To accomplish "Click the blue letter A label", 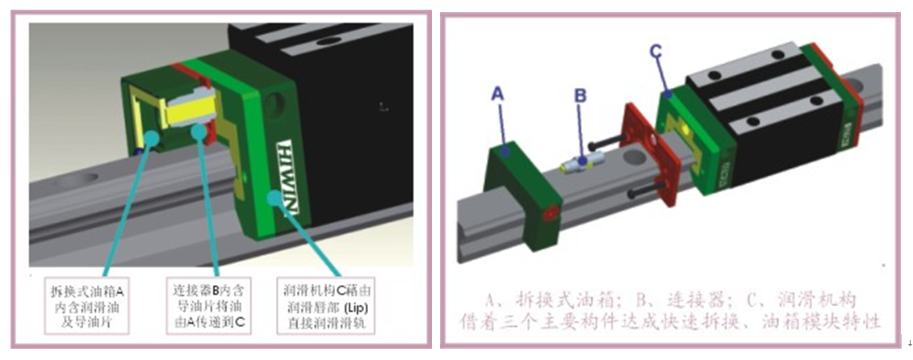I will pyautogui.click(x=498, y=94).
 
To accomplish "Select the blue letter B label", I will pyautogui.click(x=580, y=95).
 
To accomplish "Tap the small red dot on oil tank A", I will pyautogui.click(x=551, y=216).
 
